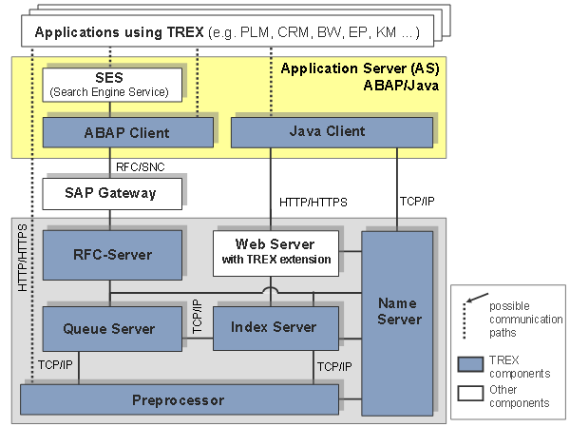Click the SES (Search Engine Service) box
[x=112, y=85]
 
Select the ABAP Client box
[x=128, y=132]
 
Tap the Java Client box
[x=332, y=132]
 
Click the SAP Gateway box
[x=112, y=194]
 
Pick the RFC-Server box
[x=112, y=255]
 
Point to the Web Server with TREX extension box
[x=275, y=253]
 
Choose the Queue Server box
[x=112, y=329]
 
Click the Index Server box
[x=275, y=328]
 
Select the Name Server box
[x=397, y=323]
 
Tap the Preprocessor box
[x=180, y=399]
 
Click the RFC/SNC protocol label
[x=141, y=167]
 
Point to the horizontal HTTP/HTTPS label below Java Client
[x=313, y=202]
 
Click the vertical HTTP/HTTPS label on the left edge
[x=23, y=258]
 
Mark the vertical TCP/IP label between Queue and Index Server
[x=197, y=317]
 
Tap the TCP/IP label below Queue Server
[x=55, y=365]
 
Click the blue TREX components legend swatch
[x=470, y=364]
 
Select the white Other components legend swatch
[x=470, y=394]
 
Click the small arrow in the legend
[x=477, y=298]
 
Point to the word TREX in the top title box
[x=185, y=32]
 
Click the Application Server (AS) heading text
[x=360, y=68]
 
